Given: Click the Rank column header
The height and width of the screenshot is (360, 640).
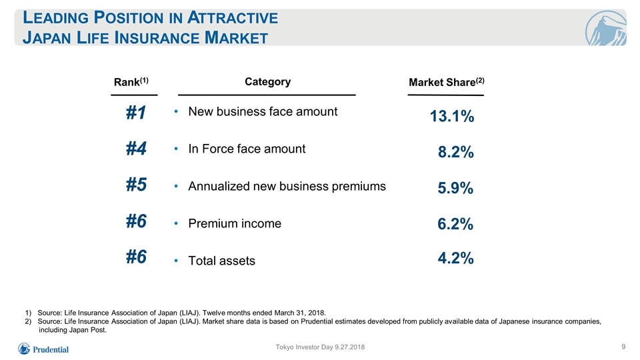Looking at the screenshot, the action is pyautogui.click(x=131, y=81).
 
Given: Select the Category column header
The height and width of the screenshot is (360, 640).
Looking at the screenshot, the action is pyautogui.click(x=268, y=81).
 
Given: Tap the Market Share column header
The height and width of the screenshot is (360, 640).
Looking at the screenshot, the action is pyautogui.click(x=447, y=82).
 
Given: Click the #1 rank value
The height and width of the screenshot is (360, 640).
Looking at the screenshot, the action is pyautogui.click(x=136, y=112).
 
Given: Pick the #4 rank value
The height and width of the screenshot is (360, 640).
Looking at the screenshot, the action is pyautogui.click(x=136, y=148).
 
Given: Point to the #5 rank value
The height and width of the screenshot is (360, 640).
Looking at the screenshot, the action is pyautogui.click(x=136, y=185).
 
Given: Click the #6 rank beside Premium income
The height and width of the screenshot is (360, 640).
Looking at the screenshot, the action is pyautogui.click(x=136, y=221).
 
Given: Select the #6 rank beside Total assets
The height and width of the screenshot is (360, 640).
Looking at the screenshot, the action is pyautogui.click(x=136, y=257).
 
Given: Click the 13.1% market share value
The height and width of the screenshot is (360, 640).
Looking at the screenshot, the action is pyautogui.click(x=452, y=116).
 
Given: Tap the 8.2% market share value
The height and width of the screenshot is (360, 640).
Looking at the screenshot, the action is pyautogui.click(x=455, y=152).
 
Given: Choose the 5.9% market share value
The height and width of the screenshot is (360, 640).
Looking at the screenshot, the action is pyautogui.click(x=455, y=188).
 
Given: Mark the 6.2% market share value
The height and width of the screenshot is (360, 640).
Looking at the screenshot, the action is pyautogui.click(x=455, y=224).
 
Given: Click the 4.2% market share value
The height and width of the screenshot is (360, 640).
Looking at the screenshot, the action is pyautogui.click(x=455, y=258).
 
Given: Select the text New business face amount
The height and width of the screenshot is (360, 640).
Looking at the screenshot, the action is pyautogui.click(x=263, y=111).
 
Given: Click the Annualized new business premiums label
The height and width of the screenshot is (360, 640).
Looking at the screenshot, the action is pyautogui.click(x=287, y=187).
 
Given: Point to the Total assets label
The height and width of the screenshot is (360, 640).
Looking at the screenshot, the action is pyautogui.click(x=221, y=261).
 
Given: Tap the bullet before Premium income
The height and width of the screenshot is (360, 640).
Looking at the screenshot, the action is pyautogui.click(x=176, y=223).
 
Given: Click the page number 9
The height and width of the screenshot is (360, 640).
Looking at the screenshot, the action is pyautogui.click(x=623, y=347).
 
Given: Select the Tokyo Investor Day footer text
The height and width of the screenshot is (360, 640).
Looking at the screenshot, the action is pyautogui.click(x=320, y=347).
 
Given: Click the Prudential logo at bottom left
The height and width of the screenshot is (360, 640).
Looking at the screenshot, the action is pyautogui.click(x=43, y=349).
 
